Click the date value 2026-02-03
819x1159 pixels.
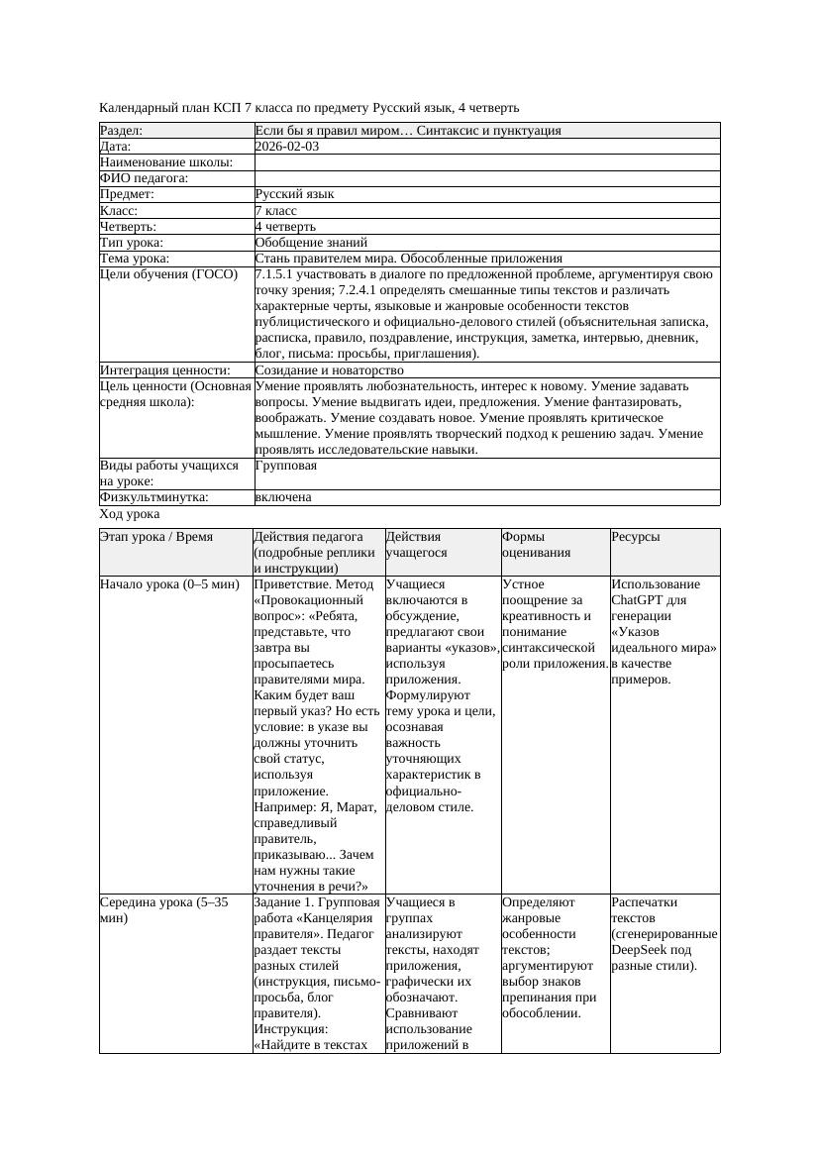[x=287, y=147]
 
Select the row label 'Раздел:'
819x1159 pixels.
[x=122, y=131]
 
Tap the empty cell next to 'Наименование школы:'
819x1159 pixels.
[x=485, y=162]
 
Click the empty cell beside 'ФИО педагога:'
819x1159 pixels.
[x=485, y=178]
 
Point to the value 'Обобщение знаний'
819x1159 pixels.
[x=311, y=242]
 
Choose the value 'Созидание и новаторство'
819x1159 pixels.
[x=324, y=370]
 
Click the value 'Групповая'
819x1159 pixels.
[x=286, y=466]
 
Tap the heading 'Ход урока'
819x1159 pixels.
[x=130, y=514]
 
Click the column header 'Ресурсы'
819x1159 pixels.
[x=636, y=537]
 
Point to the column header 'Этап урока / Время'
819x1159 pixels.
[x=156, y=537]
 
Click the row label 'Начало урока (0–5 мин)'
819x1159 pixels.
[x=169, y=584]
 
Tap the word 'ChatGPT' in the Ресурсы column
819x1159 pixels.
[x=641, y=600]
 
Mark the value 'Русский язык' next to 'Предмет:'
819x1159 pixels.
[x=295, y=194]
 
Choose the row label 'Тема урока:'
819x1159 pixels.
[x=135, y=258]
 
